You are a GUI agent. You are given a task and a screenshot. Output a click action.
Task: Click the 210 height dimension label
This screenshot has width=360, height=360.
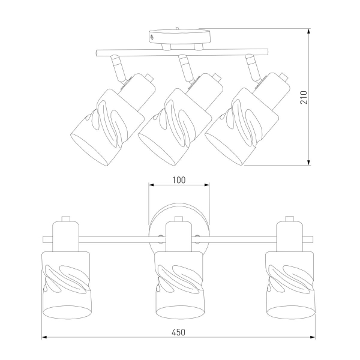pyautogui.click(x=304, y=97)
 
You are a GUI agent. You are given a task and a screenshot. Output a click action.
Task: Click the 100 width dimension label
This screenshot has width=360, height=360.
pyautogui.click(x=179, y=180)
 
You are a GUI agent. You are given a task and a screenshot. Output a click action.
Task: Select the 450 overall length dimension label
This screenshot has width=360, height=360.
pyautogui.click(x=178, y=332)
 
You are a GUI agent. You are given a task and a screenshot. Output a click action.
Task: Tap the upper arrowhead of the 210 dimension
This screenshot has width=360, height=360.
pyautogui.click(x=309, y=31)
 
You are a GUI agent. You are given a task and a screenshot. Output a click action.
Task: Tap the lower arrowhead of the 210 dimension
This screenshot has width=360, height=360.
pyautogui.click(x=309, y=162)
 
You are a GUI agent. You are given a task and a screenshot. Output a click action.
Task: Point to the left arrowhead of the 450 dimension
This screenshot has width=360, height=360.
pyautogui.click(x=44, y=337)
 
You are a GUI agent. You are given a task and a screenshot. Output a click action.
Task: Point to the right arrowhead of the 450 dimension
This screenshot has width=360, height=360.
pyautogui.click(x=313, y=337)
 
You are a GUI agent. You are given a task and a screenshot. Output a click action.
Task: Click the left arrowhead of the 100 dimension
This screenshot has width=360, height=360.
pyautogui.click(x=151, y=185)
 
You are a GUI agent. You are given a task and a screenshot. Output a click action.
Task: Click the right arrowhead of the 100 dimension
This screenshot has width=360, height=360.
pyautogui.click(x=206, y=185)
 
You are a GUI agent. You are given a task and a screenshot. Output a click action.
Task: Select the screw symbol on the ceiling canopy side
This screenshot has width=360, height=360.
pyautogui.click(x=152, y=37)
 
